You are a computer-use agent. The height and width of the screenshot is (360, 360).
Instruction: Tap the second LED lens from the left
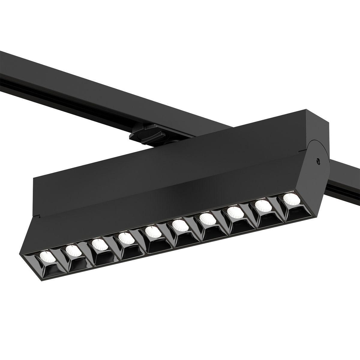coord(72,249)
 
